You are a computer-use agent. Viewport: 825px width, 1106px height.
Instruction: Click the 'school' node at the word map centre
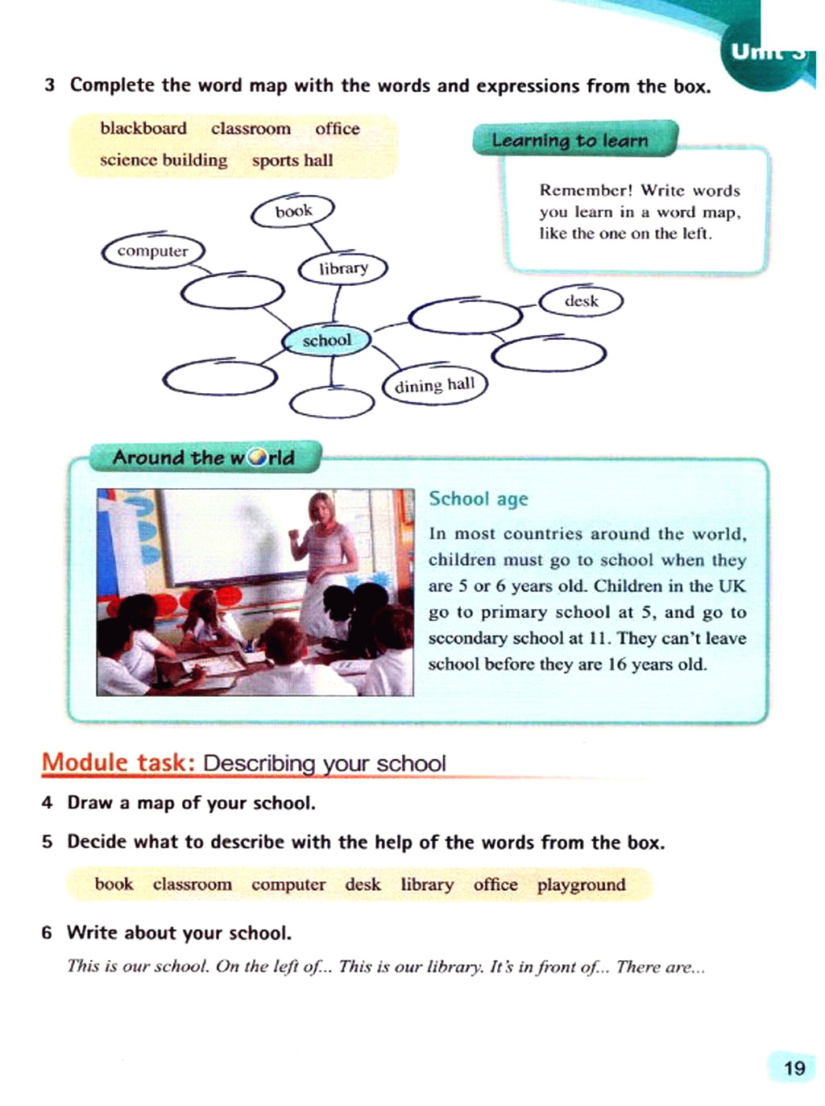(x=326, y=341)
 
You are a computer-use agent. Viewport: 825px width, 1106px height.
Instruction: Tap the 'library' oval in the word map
(x=343, y=268)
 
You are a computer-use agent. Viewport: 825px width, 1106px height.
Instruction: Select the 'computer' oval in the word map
(x=153, y=251)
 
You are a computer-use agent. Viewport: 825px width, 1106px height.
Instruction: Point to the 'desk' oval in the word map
(x=581, y=301)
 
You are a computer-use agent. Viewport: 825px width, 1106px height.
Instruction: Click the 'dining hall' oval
(x=435, y=385)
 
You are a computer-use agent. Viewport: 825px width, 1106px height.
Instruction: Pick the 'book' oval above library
(x=293, y=211)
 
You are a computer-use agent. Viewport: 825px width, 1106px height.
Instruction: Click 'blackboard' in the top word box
(x=143, y=129)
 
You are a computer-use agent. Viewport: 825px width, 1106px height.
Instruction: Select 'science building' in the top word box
(x=164, y=160)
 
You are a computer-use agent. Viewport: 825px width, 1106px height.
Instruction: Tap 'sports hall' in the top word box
(x=292, y=160)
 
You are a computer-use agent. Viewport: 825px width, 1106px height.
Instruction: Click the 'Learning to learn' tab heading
(x=570, y=140)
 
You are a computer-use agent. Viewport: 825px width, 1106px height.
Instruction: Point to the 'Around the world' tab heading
(x=204, y=458)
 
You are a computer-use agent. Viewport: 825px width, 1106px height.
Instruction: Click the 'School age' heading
(x=479, y=499)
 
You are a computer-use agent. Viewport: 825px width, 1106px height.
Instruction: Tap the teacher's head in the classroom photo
(x=321, y=509)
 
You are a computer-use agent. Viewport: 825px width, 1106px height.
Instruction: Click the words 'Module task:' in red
(x=118, y=762)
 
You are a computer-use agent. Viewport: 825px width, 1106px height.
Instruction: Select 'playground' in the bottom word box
(x=581, y=884)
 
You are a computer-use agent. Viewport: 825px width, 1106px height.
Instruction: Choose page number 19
(x=794, y=1068)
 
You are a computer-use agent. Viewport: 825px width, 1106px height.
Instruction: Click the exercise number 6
(x=47, y=933)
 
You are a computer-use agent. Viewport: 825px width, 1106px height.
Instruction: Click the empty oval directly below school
(x=331, y=403)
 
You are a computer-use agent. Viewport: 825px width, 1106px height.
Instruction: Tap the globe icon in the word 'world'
(x=258, y=458)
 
